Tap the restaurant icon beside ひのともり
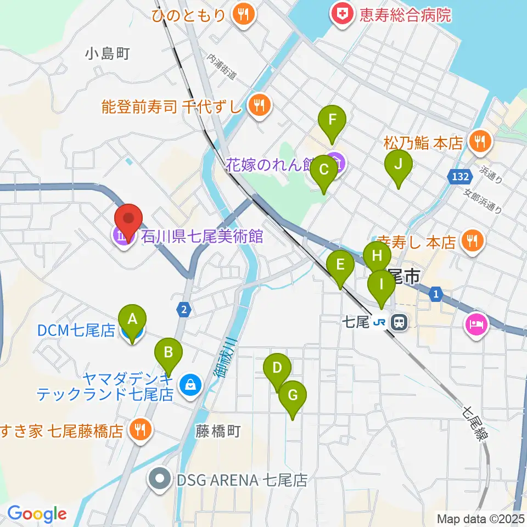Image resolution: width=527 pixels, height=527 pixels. point(243,15)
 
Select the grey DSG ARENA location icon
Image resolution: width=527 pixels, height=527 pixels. point(160,480)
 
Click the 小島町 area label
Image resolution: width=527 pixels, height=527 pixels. point(108,53)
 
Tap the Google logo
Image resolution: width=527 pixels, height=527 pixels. point(37,514)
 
